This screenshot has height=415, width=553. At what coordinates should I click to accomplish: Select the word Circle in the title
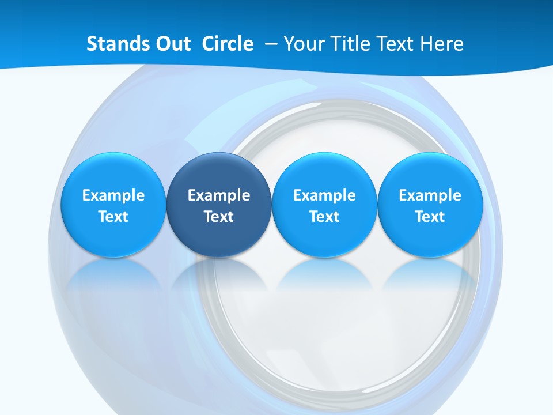pos(228,43)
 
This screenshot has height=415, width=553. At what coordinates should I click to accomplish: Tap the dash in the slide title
pos(271,44)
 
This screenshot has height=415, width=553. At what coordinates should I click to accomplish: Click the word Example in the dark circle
pos(219,195)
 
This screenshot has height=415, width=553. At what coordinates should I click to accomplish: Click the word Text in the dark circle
pos(219,217)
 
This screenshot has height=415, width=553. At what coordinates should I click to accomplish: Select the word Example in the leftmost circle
pos(113,195)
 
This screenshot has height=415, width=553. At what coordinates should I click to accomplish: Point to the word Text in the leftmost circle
pos(113,217)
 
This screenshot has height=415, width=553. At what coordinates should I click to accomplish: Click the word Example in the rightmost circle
pos(430,195)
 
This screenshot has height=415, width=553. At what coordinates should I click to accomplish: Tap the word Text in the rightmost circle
pos(430,217)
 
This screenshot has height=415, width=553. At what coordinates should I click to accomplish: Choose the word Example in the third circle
pos(324,195)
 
